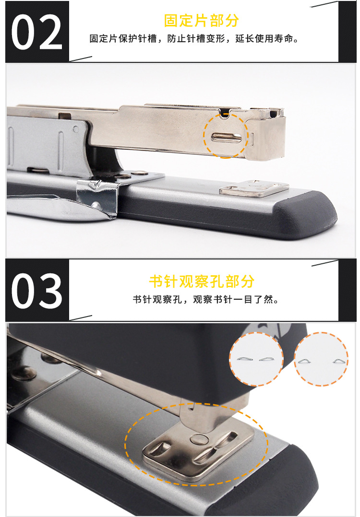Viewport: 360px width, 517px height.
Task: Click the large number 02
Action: [36, 32]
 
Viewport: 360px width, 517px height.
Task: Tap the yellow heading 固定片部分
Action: [201, 21]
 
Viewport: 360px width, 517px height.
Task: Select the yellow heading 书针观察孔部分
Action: [201, 281]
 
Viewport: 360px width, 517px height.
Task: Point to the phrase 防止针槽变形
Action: [197, 39]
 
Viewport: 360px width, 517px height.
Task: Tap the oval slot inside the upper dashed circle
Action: [226, 137]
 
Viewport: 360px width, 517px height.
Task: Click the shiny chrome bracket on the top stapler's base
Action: [98, 194]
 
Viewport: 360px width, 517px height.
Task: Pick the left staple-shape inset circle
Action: [256, 359]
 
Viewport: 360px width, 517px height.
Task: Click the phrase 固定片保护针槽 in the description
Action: [123, 39]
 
